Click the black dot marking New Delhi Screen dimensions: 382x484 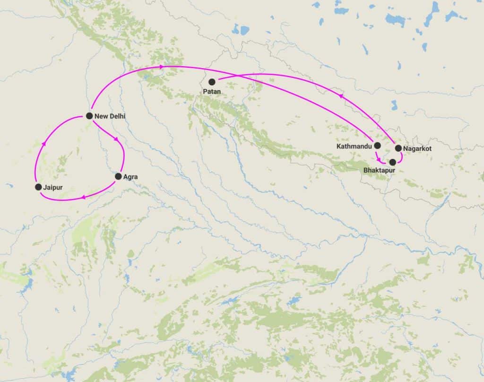point(89,116)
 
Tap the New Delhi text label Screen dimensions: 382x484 point(110,116)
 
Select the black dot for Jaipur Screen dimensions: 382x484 point(38,187)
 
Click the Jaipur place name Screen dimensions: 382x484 point(52,188)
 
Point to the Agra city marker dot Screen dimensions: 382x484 point(118,176)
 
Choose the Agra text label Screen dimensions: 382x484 point(130,177)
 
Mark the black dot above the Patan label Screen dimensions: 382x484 point(212,82)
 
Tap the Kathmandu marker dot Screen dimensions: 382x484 point(377,146)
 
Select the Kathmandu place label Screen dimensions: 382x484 point(354,146)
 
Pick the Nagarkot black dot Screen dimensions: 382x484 point(398,148)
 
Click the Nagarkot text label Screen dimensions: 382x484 point(417,148)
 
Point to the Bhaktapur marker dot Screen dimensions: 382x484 point(392,162)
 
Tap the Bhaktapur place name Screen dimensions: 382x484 point(379,170)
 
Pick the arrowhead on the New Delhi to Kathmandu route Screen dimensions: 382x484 point(162,67)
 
